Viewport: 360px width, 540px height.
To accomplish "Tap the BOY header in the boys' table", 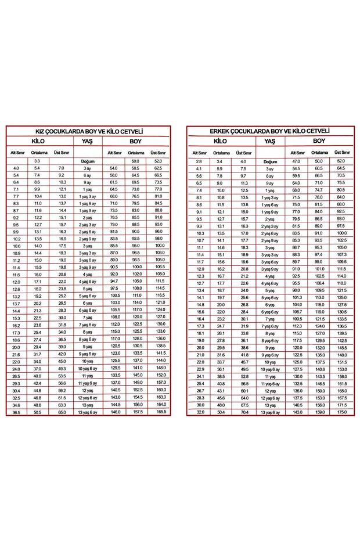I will point(319,141).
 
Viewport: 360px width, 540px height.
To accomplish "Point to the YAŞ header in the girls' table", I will point(88,141).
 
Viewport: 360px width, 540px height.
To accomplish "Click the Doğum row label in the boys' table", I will point(270,161).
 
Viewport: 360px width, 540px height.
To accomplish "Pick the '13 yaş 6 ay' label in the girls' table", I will point(88,412).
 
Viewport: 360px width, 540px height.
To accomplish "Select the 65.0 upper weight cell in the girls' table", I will point(62,412).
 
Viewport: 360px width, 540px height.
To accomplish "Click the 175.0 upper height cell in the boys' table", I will point(341,412).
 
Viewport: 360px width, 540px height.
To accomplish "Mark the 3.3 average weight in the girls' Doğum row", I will point(37,161).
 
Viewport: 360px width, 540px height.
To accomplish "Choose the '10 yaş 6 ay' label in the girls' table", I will point(88,368).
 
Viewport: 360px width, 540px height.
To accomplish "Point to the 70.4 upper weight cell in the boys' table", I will point(244,412).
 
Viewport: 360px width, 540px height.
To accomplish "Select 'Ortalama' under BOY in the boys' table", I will point(319,153).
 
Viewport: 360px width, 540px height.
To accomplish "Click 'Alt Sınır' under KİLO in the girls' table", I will point(16,153).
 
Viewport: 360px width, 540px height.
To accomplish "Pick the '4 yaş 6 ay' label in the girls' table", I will point(88,282).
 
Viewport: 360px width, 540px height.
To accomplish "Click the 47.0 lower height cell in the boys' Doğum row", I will point(296,161).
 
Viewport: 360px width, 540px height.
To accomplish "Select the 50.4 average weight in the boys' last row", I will point(221,412).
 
